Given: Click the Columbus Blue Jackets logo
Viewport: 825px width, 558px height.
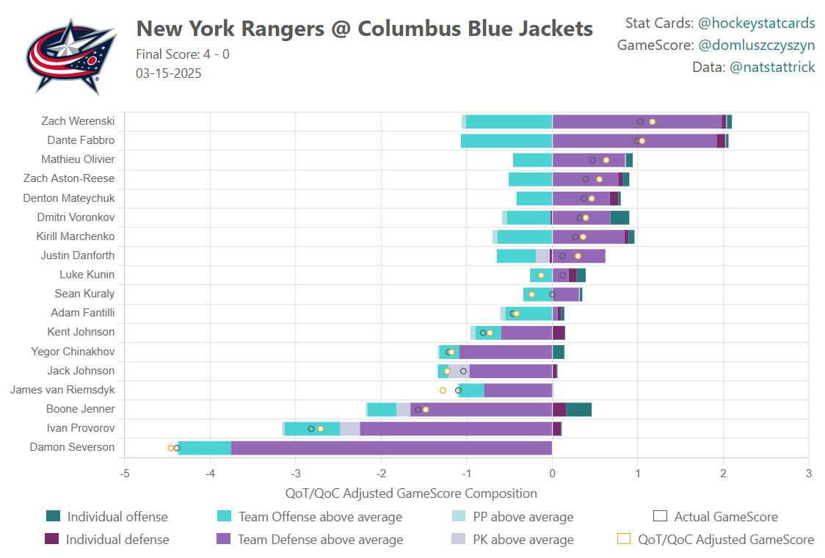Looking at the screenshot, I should point(70,56).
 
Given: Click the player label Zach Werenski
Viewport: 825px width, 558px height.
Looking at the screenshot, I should point(78,121).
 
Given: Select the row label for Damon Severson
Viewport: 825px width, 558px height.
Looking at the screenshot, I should point(72,447).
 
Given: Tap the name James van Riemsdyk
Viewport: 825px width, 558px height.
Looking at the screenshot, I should point(62,390).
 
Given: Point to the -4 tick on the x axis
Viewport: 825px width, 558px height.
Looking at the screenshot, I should point(210,474).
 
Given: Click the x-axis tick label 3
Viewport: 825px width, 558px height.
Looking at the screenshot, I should point(808,474).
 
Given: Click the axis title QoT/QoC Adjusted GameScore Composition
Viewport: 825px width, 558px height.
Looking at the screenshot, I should point(410,493).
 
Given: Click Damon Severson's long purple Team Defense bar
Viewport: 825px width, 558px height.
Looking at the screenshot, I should point(391,448).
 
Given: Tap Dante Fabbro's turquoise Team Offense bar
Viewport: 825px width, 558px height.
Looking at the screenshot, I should point(506,141).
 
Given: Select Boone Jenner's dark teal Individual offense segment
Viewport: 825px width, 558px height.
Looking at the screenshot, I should point(579,410).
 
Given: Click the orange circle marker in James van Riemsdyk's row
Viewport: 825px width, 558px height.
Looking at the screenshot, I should point(443,391).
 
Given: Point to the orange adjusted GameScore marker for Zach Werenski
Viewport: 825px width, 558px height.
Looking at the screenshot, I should point(652,122).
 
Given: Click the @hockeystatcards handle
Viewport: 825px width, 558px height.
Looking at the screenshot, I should point(756,23).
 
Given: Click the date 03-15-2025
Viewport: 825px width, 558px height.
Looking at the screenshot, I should point(169,73).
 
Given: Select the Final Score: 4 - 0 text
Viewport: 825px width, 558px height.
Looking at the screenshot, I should point(183,54).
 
